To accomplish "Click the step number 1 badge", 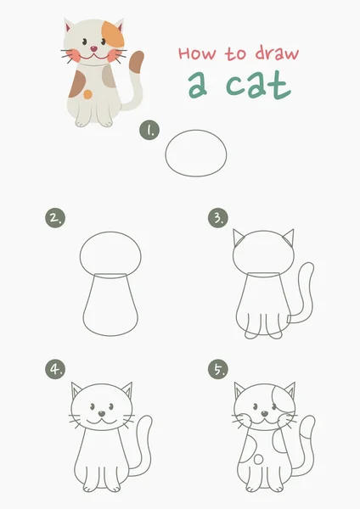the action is [x=149, y=130].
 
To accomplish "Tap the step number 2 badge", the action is [x=55, y=218].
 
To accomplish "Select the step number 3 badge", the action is [x=218, y=218].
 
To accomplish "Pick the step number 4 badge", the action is [x=55, y=369].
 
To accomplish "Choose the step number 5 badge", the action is [x=218, y=369].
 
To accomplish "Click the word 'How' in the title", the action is [x=197, y=53].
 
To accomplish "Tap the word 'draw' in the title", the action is [x=277, y=53].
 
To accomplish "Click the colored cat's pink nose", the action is [x=93, y=49].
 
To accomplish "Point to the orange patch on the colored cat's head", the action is [x=114, y=34].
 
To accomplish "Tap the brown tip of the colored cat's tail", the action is [x=136, y=61].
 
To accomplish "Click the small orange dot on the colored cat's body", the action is [x=87, y=94].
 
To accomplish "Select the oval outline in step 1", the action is [x=196, y=131].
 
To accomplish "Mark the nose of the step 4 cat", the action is [x=102, y=414].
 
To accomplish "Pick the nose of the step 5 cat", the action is [x=265, y=414].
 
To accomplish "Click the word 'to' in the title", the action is [x=235, y=54].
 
